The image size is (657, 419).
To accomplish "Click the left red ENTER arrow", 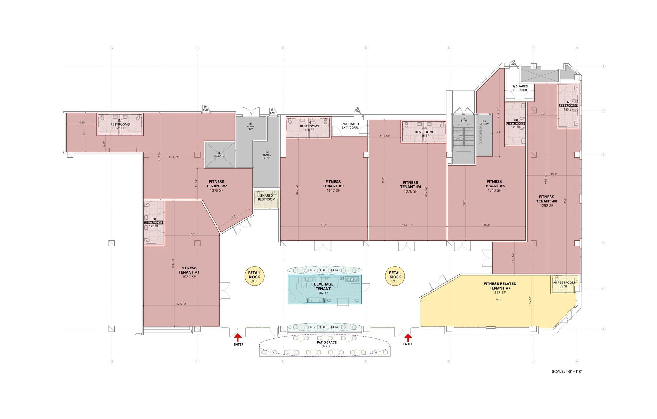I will point(237,337).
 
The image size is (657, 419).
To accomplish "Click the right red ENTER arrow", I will point(408,337).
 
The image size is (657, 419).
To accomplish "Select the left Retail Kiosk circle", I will point(254,277).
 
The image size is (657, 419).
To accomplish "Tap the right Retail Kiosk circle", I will point(395,277).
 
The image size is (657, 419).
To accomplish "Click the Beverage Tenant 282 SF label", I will point(323,288).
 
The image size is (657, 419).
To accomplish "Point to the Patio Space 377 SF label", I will point(327,344).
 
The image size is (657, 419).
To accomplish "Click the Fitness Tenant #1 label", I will point(189,272).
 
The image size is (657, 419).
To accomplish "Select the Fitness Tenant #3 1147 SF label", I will point(333,186).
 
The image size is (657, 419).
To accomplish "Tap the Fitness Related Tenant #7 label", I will point(499,288).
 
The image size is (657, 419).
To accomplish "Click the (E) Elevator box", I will point(220,155).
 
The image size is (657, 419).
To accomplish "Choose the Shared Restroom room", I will point(266,198).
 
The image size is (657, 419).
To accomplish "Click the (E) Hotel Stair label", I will point(267,155).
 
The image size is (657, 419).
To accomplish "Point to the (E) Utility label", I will point(484,123).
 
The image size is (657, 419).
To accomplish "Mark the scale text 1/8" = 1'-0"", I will point(567,372).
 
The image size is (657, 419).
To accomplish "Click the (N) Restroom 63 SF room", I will point(564,284).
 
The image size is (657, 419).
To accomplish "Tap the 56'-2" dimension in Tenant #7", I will point(498,300).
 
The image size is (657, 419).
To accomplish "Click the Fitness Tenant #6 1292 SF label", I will point(546,201).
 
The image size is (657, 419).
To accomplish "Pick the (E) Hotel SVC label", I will point(251,127).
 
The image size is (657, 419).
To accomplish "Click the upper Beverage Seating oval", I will point(324,270).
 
